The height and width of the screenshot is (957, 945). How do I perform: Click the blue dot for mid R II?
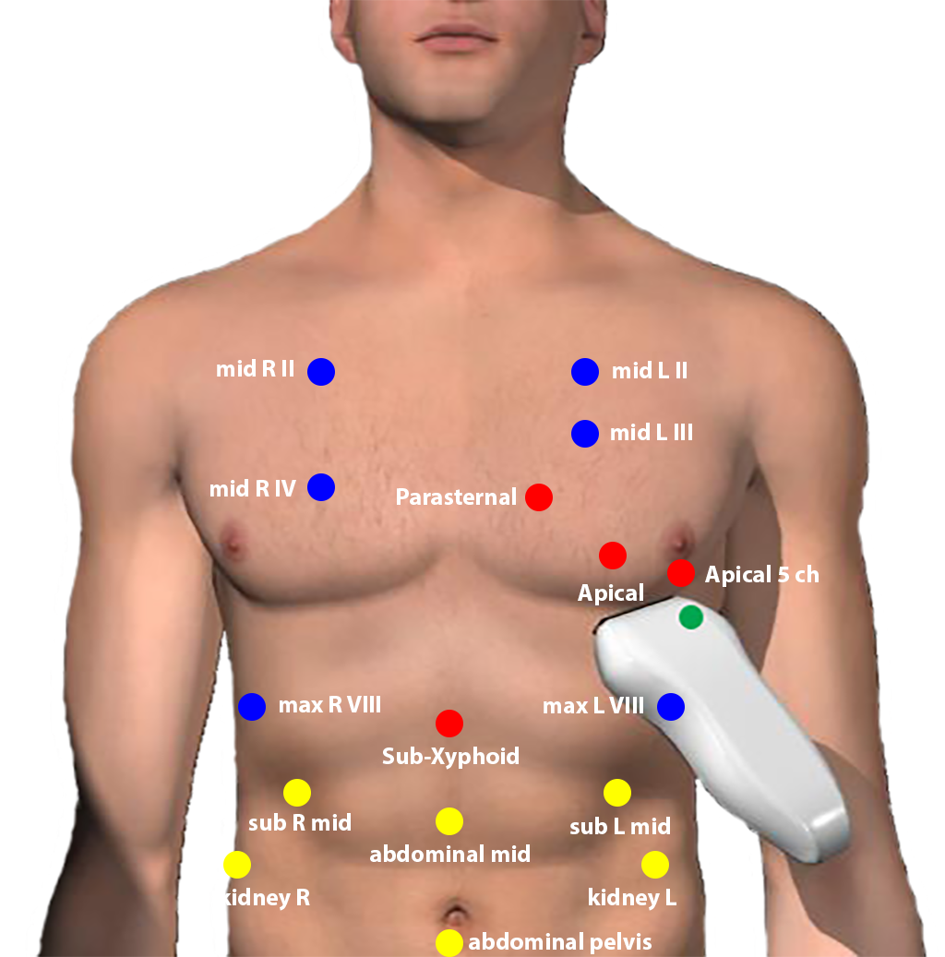point(321,372)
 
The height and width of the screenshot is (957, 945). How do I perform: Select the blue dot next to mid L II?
point(585,372)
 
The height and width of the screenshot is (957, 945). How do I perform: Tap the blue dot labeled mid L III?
point(585,434)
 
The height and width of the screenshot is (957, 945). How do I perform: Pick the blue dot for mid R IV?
point(321,487)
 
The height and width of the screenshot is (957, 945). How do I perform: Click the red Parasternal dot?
point(539,496)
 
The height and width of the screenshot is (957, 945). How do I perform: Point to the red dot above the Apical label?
point(612,556)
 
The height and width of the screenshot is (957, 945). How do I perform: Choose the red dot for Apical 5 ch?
point(681,572)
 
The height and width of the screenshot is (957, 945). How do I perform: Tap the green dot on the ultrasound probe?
point(691,617)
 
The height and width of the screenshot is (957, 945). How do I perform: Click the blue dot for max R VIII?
point(252,707)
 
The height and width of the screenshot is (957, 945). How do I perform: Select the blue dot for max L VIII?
point(671,707)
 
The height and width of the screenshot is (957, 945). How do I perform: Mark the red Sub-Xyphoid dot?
point(449,724)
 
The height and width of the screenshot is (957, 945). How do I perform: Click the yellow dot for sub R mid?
point(297,793)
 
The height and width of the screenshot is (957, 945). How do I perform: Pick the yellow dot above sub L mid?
point(617,793)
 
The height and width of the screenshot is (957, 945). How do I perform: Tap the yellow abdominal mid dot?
point(449,821)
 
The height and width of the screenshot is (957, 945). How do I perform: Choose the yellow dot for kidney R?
point(237,865)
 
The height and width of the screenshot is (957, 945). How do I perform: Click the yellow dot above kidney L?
point(655,865)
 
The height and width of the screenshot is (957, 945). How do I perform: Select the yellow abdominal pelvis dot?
point(449,943)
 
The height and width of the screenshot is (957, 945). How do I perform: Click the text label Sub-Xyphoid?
point(450,757)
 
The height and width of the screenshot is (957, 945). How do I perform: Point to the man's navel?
point(454,915)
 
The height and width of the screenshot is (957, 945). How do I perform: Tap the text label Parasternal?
point(456,496)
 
